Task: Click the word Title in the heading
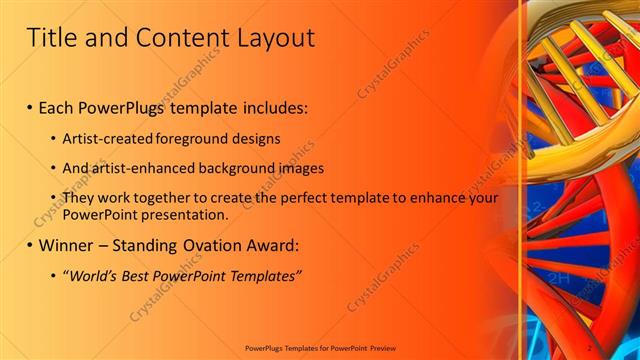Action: [51, 38]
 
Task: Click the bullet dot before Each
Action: [30, 106]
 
